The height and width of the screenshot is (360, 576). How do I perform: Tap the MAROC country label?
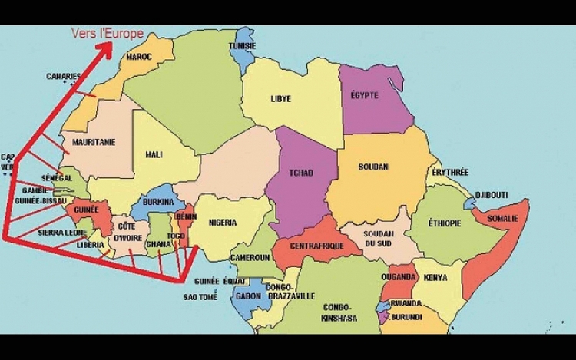click(x=139, y=57)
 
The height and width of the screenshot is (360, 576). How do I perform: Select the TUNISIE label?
click(x=242, y=46)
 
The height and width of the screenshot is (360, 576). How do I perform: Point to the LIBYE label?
click(x=280, y=99)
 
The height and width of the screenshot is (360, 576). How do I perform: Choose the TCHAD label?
click(x=300, y=173)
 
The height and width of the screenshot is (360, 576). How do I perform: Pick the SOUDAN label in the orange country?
click(x=373, y=167)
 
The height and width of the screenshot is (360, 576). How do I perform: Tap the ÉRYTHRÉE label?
click(x=450, y=173)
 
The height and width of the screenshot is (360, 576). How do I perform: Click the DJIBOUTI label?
click(x=492, y=195)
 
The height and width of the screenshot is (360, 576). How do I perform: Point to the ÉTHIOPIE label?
click(x=445, y=223)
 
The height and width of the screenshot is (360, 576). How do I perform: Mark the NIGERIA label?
click(x=221, y=223)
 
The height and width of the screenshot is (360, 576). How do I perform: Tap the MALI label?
click(x=154, y=154)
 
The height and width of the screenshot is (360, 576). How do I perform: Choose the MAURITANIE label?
click(x=94, y=143)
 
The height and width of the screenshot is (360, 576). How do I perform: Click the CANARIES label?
click(x=63, y=77)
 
